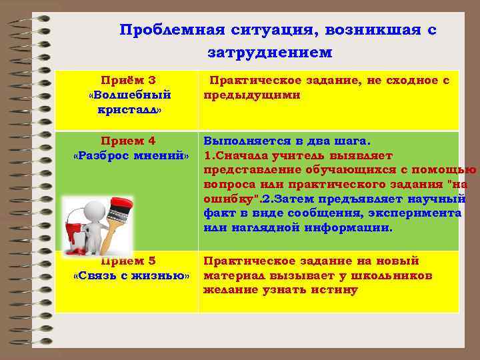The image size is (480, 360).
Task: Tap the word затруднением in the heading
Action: [269, 51]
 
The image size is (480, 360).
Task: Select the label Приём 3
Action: [127, 81]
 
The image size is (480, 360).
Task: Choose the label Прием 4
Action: [127, 141]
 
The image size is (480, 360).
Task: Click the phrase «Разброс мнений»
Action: [131, 155]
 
